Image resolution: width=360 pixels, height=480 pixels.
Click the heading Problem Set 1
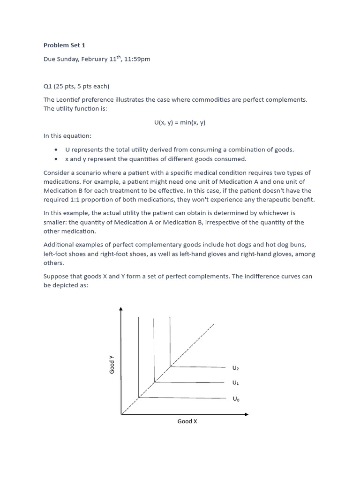pos(64,45)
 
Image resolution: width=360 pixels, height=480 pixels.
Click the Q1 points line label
pos(76,86)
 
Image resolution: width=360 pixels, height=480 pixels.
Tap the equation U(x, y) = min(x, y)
pos(180,123)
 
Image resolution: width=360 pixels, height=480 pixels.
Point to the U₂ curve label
pos(235,368)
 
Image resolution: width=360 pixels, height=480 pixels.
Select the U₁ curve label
pos(235,383)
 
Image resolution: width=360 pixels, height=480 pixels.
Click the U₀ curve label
pos(235,399)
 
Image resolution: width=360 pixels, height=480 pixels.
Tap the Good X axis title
pos(187,421)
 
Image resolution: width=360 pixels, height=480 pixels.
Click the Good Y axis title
pos(112,365)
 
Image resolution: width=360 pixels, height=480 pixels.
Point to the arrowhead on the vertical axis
pos(121,309)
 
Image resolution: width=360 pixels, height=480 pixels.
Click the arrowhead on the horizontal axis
pos(247,414)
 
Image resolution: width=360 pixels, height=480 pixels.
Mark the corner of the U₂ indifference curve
pos(170,367)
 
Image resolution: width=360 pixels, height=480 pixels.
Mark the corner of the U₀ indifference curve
pos(138,398)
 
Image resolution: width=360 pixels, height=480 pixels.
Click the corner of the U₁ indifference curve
pos(154,382)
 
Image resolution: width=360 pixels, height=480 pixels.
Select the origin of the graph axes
pos(121,414)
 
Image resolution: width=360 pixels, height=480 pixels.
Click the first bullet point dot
pos(56,150)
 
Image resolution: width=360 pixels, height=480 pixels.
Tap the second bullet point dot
pos(56,159)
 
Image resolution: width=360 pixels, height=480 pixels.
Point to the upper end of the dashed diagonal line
pos(214,323)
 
